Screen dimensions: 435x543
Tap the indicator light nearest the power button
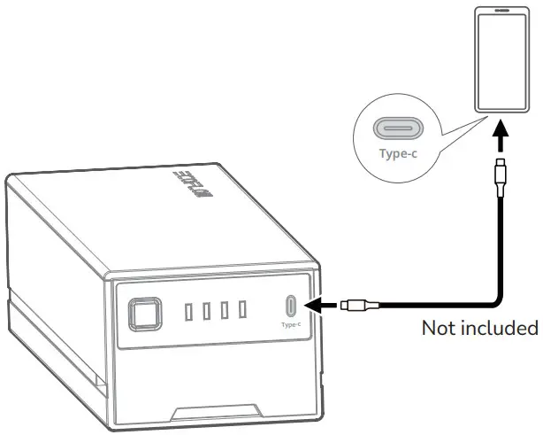[189, 311]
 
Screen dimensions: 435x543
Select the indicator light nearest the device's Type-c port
[240, 310]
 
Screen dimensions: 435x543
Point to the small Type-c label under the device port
[292, 324]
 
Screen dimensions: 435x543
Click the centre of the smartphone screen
[501, 60]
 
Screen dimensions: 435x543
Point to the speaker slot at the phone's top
[502, 12]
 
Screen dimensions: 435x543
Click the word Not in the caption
[440, 329]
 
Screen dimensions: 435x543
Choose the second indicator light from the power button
[206, 311]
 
